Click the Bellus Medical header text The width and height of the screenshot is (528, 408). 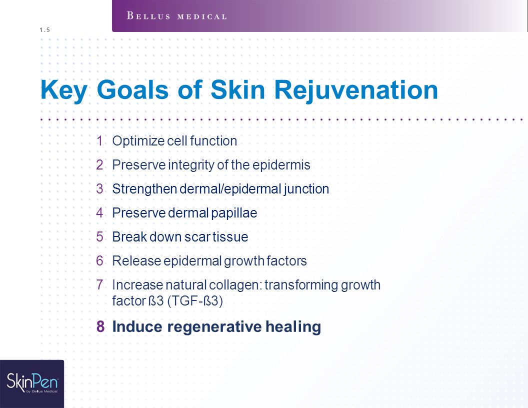coord(176,16)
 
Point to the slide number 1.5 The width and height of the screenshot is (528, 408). coord(44,30)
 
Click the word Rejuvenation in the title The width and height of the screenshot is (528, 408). coord(356,90)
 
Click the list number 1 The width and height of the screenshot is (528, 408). coord(99,141)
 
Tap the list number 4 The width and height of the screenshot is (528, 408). coord(99,213)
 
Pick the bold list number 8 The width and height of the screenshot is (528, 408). coord(100,326)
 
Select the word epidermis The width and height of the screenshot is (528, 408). coord(281,165)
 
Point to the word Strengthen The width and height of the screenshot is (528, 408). coord(144,189)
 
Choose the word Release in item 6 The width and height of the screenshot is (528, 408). coord(136,261)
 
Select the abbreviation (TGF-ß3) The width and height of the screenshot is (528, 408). coord(195,301)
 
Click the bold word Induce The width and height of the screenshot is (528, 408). coord(136,326)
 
